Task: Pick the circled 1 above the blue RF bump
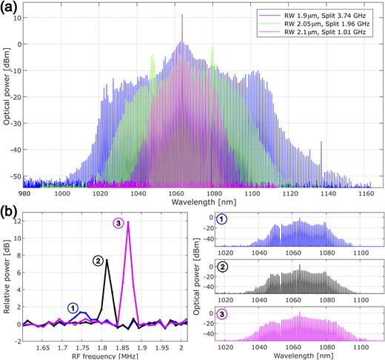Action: [x=72, y=307]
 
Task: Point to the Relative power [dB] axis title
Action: [x=7, y=278]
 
